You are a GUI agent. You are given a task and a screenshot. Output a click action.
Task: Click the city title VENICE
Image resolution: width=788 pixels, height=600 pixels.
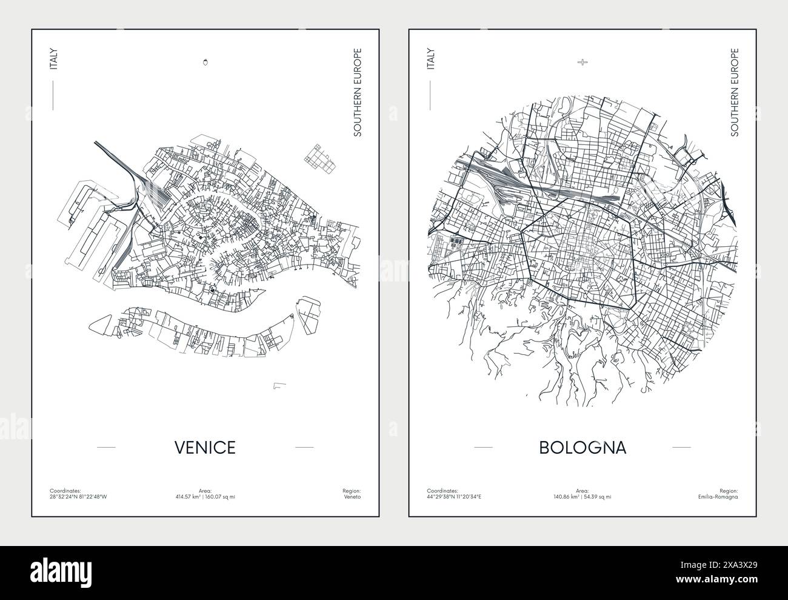click(x=205, y=447)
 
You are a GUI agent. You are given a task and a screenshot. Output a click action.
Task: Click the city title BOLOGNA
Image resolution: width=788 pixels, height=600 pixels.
click(x=582, y=447)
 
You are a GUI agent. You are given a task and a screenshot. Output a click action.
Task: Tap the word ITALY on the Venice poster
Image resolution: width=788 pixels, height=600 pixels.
click(x=53, y=59)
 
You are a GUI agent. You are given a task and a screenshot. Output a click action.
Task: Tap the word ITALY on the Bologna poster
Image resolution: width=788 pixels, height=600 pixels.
click(x=430, y=59)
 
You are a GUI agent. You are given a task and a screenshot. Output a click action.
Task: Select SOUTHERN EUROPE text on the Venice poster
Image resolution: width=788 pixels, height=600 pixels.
click(x=357, y=92)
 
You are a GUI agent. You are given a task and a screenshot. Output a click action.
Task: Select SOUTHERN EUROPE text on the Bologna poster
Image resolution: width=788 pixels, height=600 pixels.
click(x=734, y=92)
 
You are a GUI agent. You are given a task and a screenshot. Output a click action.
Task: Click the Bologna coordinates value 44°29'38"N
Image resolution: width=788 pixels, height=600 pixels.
click(x=440, y=496)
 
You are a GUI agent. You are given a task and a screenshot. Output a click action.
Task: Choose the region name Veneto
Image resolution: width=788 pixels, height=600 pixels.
click(x=352, y=496)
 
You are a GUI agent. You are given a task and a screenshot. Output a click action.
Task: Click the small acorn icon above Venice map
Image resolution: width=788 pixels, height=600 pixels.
click(x=205, y=61)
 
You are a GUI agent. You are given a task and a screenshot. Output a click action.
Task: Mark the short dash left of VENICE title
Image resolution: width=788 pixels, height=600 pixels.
click(x=106, y=447)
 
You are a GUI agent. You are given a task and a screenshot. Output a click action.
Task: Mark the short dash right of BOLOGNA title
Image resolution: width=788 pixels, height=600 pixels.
click(x=681, y=447)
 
